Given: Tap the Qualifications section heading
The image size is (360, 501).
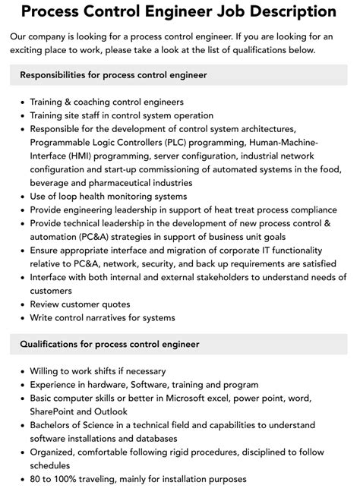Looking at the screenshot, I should [x=109, y=344].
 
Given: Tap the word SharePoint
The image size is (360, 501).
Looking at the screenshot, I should [x=55, y=411].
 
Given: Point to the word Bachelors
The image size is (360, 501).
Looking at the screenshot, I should [x=55, y=425].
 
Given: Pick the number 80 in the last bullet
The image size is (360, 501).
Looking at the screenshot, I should [x=36, y=479].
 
